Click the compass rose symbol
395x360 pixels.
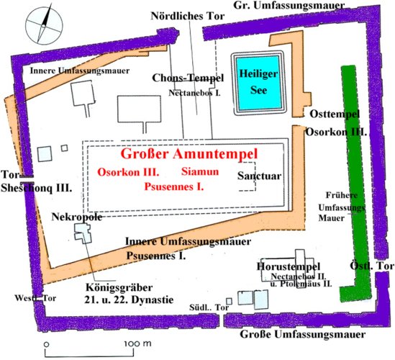click(x=44, y=26)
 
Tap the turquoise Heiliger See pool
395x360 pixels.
click(x=258, y=83)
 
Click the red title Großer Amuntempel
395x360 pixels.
click(x=189, y=154)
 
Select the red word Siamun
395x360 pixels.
click(x=200, y=171)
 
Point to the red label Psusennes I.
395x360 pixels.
click(x=174, y=186)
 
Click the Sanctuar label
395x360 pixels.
click(x=260, y=176)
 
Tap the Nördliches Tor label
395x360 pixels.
click(x=187, y=16)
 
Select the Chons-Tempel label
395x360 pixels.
click(x=188, y=78)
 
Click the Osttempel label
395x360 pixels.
click(x=335, y=114)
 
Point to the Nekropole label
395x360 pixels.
click(x=77, y=217)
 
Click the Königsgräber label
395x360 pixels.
click(x=119, y=288)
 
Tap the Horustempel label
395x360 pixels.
click(x=289, y=266)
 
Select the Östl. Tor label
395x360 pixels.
click(x=372, y=266)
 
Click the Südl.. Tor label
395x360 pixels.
click(x=209, y=307)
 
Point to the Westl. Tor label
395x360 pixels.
click(x=35, y=298)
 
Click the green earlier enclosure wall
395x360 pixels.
click(x=353, y=176)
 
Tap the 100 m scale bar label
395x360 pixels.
click(x=138, y=343)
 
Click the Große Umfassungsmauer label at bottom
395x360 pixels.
click(x=303, y=335)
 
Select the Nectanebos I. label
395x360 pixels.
click(x=194, y=93)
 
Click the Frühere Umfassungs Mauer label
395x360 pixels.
click(x=342, y=207)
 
